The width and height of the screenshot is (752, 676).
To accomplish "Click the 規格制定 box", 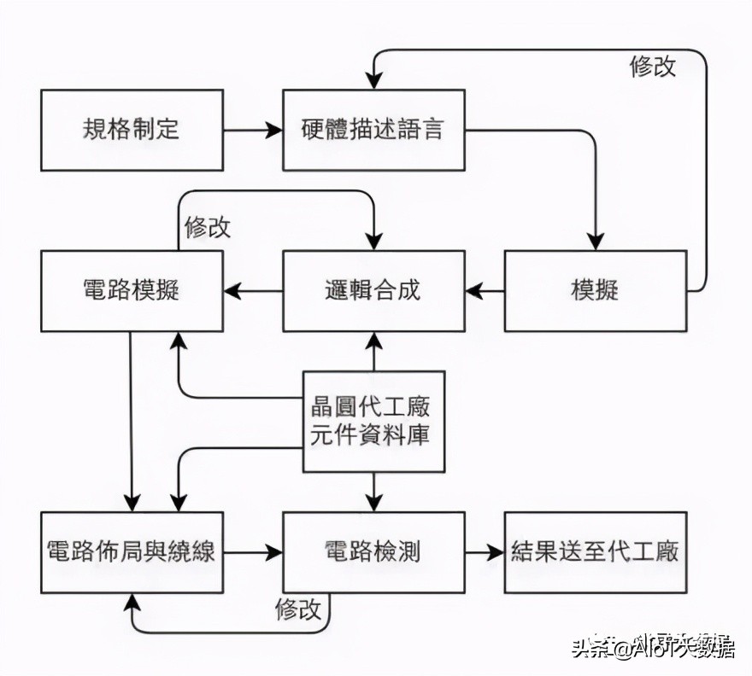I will (x=132, y=131).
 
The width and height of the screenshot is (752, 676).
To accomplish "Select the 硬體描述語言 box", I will (x=373, y=131).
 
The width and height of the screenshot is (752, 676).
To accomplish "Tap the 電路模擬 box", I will (x=132, y=290).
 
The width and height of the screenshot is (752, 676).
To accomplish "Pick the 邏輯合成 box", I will (x=373, y=290).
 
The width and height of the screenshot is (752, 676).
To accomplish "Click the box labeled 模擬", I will (x=595, y=290).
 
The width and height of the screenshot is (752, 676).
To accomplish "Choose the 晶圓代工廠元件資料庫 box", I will (x=374, y=422).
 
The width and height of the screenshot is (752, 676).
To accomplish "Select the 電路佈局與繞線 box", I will (x=132, y=551).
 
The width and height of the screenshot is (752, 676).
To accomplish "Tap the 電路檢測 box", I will (x=373, y=551).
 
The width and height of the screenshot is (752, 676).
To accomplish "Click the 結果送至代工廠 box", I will (x=595, y=551).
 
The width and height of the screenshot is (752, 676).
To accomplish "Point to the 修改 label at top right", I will (x=653, y=67).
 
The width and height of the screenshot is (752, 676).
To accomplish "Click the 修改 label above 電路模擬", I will (x=207, y=227).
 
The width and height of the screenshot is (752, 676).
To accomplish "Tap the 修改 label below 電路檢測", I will (x=298, y=609).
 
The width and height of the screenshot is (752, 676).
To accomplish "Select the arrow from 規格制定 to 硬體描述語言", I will (x=253, y=131).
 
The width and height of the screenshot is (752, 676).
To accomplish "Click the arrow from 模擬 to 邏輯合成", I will (x=485, y=291).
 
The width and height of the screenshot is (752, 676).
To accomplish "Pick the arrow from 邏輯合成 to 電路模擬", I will (x=253, y=291).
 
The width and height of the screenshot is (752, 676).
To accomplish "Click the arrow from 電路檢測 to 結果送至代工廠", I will (x=485, y=552).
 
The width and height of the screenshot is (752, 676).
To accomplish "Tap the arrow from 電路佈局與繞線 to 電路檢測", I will (x=253, y=552).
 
